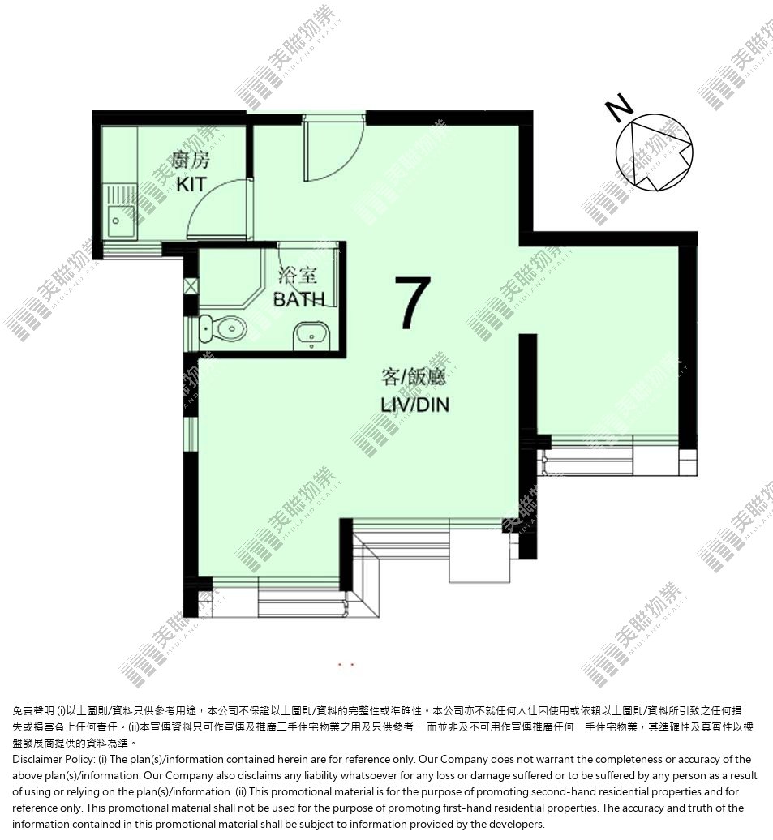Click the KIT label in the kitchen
pyautogui.click(x=191, y=184)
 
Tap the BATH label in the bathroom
pyautogui.click(x=299, y=299)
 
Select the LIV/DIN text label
pyautogui.click(x=415, y=405)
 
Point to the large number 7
pyautogui.click(x=413, y=302)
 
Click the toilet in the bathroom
pyautogui.click(x=222, y=328)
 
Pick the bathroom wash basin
pyautogui.click(x=312, y=336)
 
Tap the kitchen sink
pyautogui.click(x=121, y=212)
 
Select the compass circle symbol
pyautogui.click(x=654, y=152)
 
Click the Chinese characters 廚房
pyautogui.click(x=191, y=159)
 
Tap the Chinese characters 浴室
pyautogui.click(x=298, y=276)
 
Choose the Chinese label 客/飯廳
pyautogui.click(x=414, y=377)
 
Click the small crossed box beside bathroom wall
pyautogui.click(x=191, y=285)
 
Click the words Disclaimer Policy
pyautogui.click(x=53, y=759)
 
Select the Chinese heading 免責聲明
pyautogui.click(x=33, y=711)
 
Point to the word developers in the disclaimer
pyautogui.click(x=518, y=824)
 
